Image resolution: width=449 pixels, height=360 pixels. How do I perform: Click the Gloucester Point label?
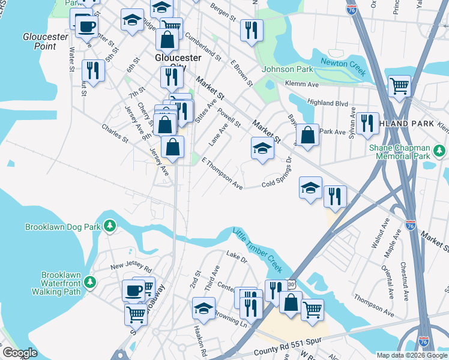(x=45, y=41)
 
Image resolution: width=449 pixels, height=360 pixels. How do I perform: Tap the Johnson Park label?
(x=288, y=69)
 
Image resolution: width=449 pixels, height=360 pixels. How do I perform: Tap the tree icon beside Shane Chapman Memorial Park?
(x=439, y=149)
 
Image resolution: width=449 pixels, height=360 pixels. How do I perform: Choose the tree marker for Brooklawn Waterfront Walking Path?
(x=89, y=281)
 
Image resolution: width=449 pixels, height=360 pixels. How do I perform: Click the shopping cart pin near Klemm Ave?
(x=399, y=86)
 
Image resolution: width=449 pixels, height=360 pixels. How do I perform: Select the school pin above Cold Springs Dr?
(x=262, y=149)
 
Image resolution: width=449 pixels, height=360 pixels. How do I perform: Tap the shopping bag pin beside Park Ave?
(x=307, y=134)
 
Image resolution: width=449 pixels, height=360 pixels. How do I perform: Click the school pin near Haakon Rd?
(x=203, y=308)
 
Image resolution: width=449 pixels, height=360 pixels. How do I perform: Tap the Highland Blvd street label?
(x=328, y=103)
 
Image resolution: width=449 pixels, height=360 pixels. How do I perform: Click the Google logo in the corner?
(x=20, y=353)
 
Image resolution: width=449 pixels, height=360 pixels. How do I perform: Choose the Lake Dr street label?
(x=237, y=258)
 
